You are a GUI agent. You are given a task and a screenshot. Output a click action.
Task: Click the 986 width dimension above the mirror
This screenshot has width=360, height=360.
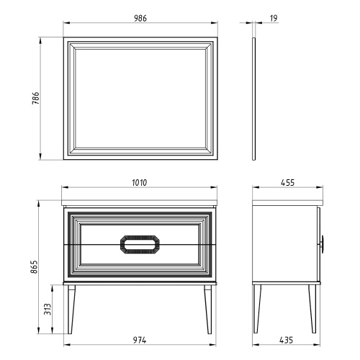click(x=140, y=18)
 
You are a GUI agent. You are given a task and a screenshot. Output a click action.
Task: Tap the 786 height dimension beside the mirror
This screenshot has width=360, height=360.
click(x=35, y=98)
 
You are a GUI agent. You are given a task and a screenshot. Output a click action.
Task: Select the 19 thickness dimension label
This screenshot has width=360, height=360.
click(x=274, y=18)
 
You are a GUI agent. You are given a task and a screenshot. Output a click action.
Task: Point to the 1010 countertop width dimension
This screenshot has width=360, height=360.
click(x=139, y=183)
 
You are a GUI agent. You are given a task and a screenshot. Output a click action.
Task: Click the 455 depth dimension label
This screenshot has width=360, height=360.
click(x=287, y=183)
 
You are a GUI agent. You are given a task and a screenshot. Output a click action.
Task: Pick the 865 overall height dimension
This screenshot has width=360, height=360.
click(x=34, y=266)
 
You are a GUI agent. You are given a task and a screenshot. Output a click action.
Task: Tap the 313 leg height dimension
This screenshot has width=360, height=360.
click(x=48, y=309)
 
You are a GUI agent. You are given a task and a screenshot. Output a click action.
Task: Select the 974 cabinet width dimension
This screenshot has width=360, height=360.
click(x=140, y=340)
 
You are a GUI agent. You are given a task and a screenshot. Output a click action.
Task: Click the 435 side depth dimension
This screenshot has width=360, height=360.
click(x=287, y=340)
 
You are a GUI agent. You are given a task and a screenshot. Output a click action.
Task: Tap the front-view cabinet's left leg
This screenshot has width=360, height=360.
click(x=71, y=310)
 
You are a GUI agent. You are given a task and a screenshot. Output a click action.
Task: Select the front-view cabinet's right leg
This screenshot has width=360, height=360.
click(x=208, y=310)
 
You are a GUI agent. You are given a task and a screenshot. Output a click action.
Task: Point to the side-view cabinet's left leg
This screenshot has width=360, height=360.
click(x=257, y=309)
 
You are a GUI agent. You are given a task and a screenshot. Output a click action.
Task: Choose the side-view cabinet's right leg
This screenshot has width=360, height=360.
click(x=312, y=309)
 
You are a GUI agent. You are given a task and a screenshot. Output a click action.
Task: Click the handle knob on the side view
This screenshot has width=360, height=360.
click(x=323, y=244)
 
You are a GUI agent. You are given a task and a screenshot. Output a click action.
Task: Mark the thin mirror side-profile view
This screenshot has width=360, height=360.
click(x=254, y=99)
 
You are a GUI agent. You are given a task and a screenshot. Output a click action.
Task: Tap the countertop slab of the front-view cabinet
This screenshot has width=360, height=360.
click(x=139, y=202)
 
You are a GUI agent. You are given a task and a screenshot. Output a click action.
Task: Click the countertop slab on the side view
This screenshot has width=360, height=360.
click(x=287, y=202)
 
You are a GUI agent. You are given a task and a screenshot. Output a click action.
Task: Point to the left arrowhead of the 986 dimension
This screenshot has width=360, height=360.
click(x=66, y=23)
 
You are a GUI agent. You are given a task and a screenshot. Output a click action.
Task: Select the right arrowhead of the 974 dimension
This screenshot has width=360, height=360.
click(x=212, y=345)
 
